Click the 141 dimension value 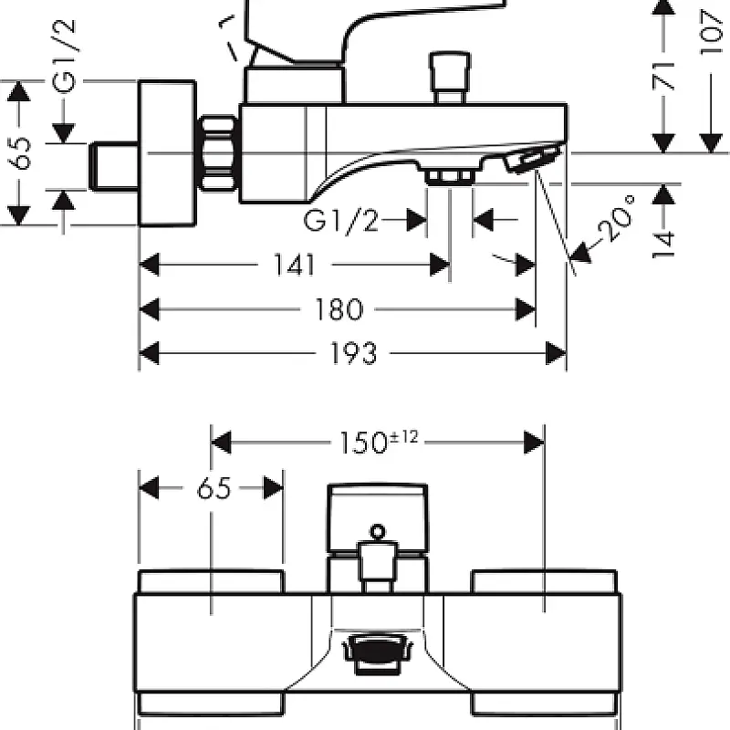[x=294, y=266]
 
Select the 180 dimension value [x=339, y=310]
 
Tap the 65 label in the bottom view [x=213, y=489]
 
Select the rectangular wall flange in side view [x=167, y=153]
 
